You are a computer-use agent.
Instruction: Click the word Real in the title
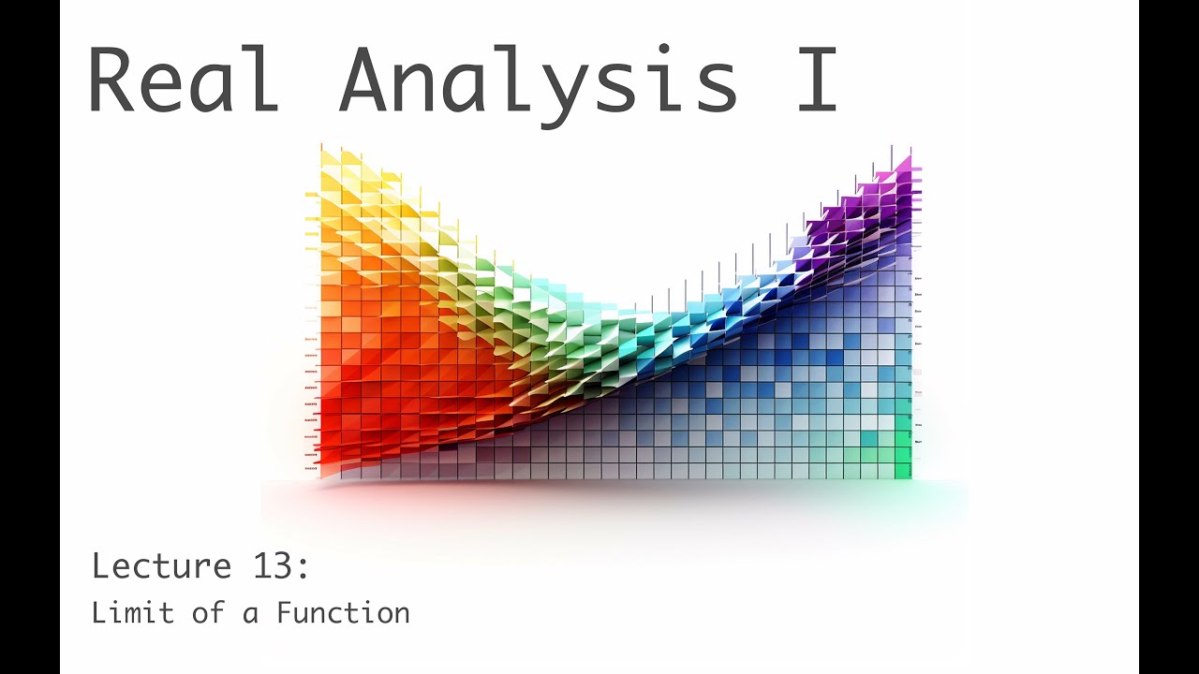(184, 81)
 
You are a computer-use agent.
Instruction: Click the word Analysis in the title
(539, 81)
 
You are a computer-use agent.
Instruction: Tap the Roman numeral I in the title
(816, 81)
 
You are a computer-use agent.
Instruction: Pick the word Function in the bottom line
(343, 614)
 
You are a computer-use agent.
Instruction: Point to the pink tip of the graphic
(904, 165)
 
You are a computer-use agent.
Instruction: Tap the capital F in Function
(284, 614)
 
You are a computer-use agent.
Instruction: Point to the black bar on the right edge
(1169, 337)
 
